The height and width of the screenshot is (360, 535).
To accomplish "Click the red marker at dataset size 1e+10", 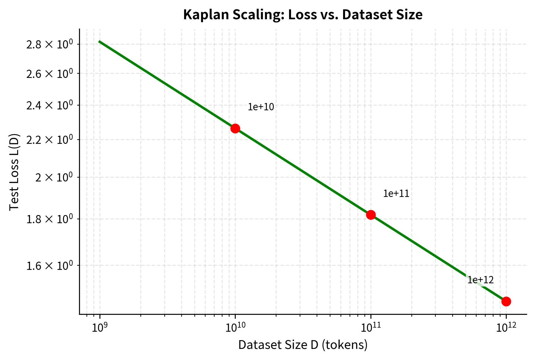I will point(235,128).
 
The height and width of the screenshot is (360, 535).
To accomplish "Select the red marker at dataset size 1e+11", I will point(371,215).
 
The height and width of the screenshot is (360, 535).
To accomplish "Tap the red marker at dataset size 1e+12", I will point(506,301).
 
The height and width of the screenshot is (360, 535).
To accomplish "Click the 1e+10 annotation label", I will point(261,107).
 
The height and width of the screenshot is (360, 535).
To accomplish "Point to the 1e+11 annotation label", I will point(396,193).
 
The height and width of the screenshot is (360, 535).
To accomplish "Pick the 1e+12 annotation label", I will point(480,280).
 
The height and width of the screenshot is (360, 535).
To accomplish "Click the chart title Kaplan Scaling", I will point(303,15).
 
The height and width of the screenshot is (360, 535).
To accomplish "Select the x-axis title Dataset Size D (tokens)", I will point(303,345).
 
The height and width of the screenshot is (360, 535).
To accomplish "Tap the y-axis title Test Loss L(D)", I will point(14,172).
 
